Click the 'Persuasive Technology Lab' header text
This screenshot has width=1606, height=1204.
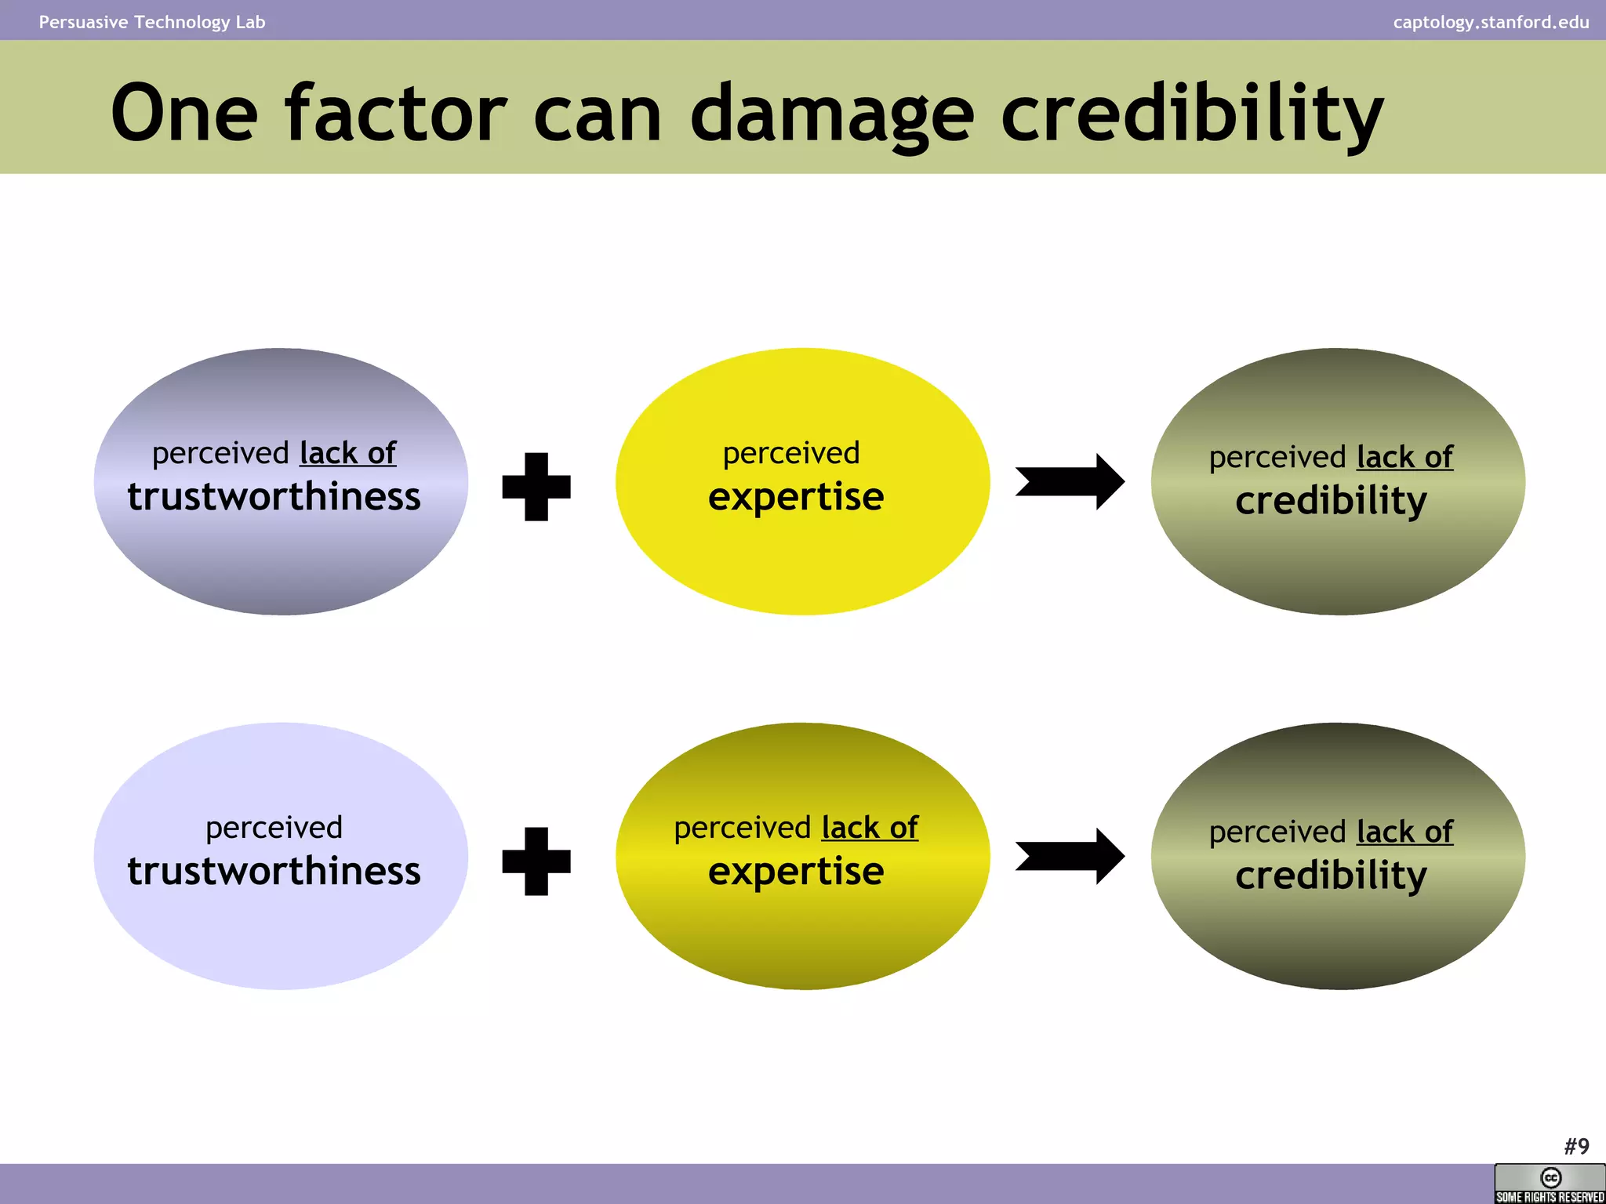tap(152, 22)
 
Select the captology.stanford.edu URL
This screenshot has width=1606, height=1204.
tap(1491, 22)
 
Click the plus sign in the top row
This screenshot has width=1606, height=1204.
tap(536, 487)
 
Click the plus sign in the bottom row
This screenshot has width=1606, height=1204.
tap(536, 861)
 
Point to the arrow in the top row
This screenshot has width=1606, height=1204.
tap(1070, 482)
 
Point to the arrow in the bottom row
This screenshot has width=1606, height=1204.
tap(1070, 857)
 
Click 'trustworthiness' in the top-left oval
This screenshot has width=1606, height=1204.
tap(274, 497)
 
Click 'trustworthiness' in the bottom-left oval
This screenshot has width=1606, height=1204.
tap(274, 872)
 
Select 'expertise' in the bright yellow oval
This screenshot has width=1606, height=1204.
tap(796, 497)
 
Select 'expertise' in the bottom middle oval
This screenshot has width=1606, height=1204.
tap(796, 872)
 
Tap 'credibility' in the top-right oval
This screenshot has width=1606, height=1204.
tap(1331, 501)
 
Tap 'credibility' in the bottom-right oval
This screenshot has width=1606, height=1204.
tap(1331, 876)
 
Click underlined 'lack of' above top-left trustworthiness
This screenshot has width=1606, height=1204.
tap(348, 453)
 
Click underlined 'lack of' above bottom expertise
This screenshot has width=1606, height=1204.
tap(870, 828)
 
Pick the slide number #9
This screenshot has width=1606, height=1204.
tap(1576, 1147)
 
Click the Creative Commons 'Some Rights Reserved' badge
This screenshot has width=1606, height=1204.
tap(1550, 1184)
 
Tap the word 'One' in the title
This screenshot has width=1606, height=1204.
tap(184, 116)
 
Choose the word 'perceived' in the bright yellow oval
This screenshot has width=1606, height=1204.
tap(791, 453)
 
